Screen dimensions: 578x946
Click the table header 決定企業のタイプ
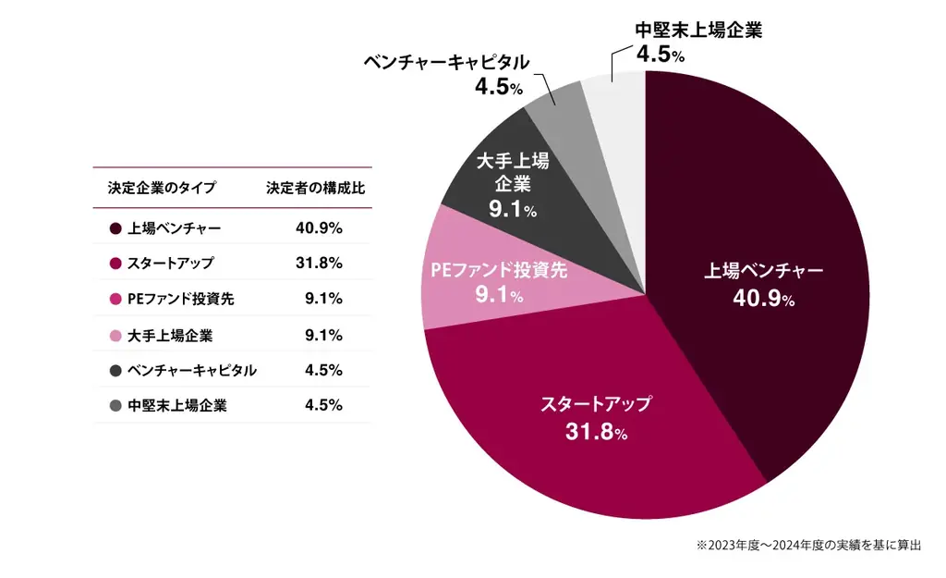162,188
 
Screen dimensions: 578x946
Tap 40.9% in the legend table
319,228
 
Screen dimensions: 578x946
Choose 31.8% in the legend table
319,263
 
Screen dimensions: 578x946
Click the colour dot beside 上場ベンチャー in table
115,228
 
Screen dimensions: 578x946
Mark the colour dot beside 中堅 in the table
115,406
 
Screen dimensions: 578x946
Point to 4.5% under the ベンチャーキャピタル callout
499,88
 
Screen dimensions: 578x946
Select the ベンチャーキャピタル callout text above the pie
447,63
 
